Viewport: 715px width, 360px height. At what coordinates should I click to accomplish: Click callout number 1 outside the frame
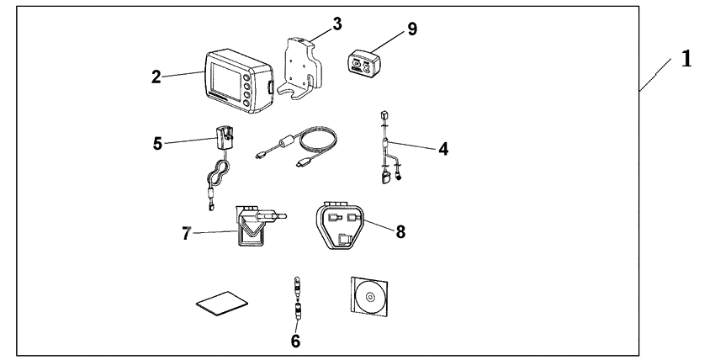click(x=686, y=60)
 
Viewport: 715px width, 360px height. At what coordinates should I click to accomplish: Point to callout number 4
click(x=443, y=149)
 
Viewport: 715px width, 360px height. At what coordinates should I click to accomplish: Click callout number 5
click(x=157, y=142)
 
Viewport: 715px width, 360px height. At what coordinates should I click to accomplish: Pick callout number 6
click(x=295, y=341)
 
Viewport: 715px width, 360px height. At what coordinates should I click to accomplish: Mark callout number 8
click(x=400, y=231)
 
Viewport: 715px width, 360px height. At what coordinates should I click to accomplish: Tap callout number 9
click(x=411, y=29)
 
